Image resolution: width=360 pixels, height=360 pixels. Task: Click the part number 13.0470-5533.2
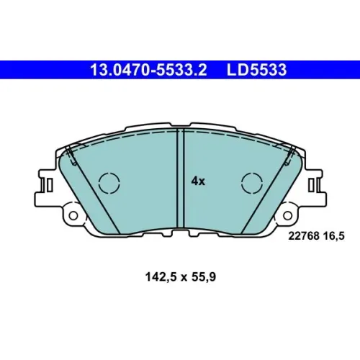148,70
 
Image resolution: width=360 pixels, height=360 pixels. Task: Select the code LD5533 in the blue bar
256,70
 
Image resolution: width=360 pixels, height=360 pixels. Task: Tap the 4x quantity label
198,181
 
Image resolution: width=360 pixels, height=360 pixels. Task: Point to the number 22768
304,236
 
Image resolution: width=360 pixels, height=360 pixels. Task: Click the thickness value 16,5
334,236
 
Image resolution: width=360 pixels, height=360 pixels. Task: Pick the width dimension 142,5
161,277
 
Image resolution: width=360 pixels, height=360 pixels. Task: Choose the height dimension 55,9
204,277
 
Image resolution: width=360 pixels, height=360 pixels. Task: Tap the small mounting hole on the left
73,215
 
